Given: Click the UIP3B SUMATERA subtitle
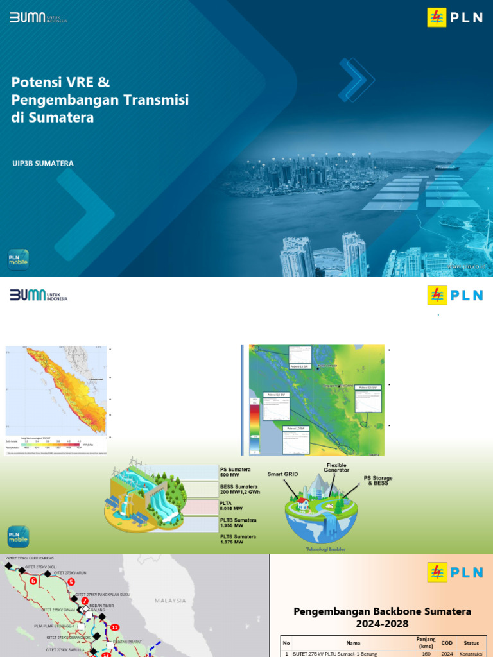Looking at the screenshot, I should [42, 163].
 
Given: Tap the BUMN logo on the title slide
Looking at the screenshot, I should [38, 17].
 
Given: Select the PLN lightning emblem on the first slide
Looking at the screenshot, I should [437, 17].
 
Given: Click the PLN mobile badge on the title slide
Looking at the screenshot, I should [18, 259].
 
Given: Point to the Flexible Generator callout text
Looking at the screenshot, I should [337, 467].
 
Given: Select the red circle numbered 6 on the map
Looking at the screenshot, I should [33, 581].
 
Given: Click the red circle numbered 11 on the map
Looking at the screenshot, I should [115, 627].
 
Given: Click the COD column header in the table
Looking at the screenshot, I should [447, 642].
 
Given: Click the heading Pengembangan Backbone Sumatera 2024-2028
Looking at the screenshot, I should [382, 617].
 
